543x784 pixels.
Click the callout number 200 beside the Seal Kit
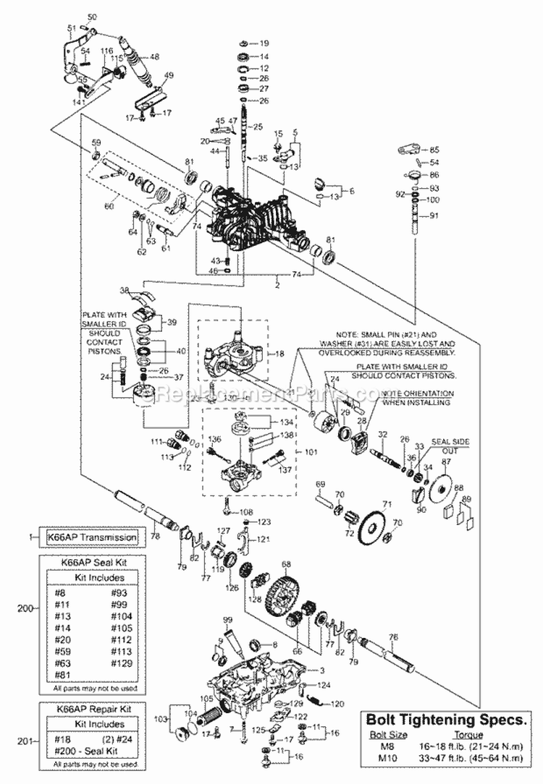(25, 609)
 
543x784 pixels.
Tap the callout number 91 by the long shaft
(434, 215)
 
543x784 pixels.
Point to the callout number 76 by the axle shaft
(393, 637)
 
